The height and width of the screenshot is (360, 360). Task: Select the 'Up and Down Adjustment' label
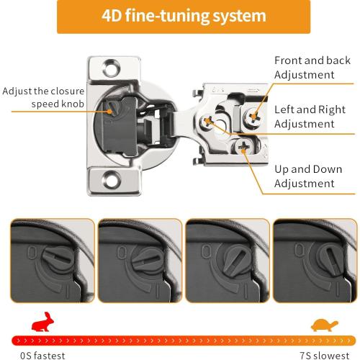(308, 176)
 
